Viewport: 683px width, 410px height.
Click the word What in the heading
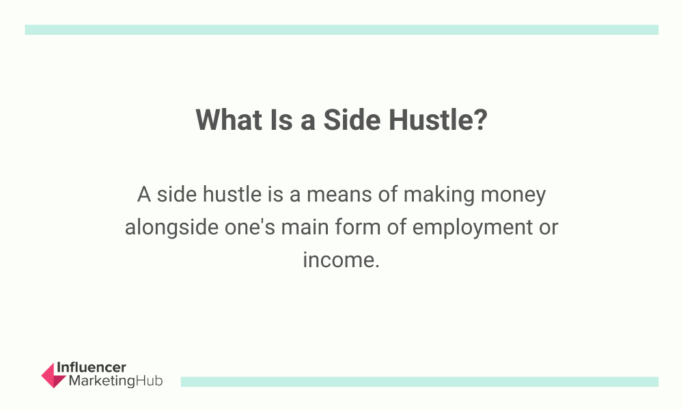click(229, 120)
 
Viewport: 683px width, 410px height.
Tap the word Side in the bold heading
click(352, 120)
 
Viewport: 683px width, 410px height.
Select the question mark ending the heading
click(480, 120)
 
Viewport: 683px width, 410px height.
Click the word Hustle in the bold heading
click(430, 120)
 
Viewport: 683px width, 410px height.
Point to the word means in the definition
click(339, 194)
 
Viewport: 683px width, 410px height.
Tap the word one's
click(249, 227)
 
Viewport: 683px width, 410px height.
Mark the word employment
click(472, 228)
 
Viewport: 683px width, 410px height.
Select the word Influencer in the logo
click(92, 368)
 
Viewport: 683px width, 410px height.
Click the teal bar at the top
click(341, 29)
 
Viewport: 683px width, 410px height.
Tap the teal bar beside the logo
click(419, 382)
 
